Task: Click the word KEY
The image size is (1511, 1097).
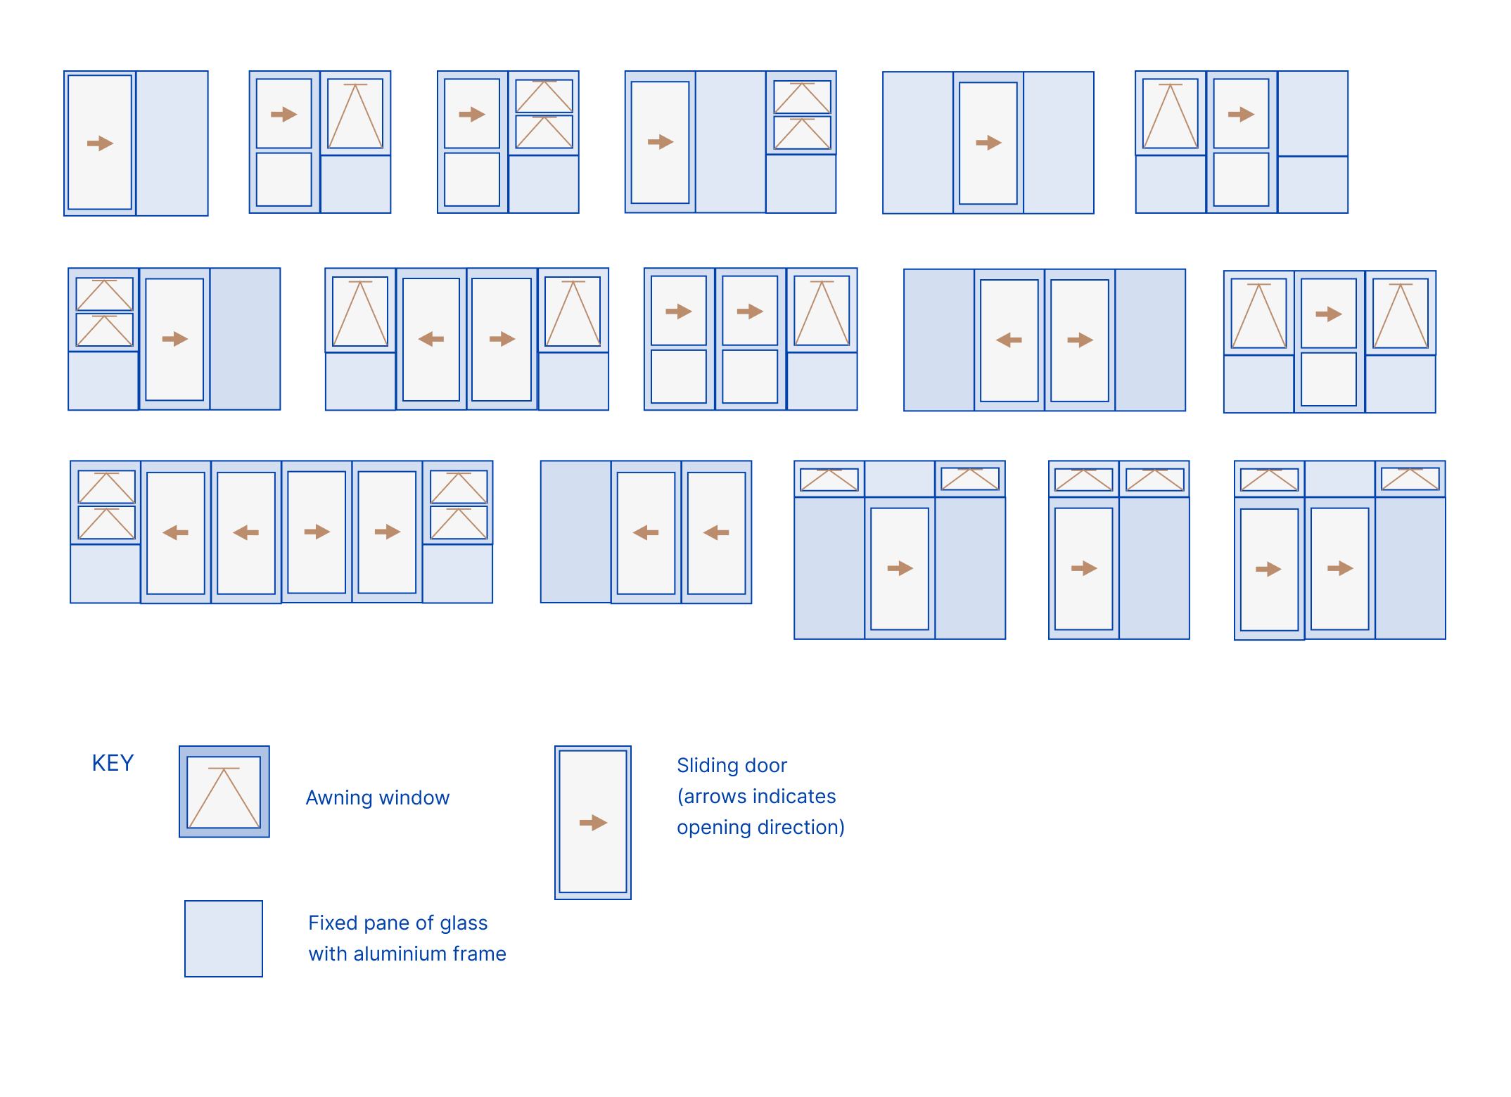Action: [113, 763]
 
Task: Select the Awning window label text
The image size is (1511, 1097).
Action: [378, 797]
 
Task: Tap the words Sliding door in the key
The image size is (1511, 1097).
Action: [732, 765]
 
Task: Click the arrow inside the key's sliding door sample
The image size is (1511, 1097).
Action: [593, 823]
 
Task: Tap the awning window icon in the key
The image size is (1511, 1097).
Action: [224, 792]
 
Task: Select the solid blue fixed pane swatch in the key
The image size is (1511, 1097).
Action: [224, 939]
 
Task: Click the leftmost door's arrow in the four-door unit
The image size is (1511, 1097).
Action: [175, 533]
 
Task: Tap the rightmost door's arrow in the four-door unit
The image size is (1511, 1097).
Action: [387, 532]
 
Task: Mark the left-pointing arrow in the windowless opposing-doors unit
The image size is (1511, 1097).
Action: [1009, 340]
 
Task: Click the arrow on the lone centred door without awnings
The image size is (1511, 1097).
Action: [988, 143]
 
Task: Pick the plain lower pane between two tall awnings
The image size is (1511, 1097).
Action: [1328, 379]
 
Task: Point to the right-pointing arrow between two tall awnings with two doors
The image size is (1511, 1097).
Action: [502, 339]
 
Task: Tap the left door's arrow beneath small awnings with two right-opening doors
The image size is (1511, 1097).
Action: [1268, 569]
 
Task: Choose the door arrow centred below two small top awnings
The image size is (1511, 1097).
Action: [900, 568]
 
